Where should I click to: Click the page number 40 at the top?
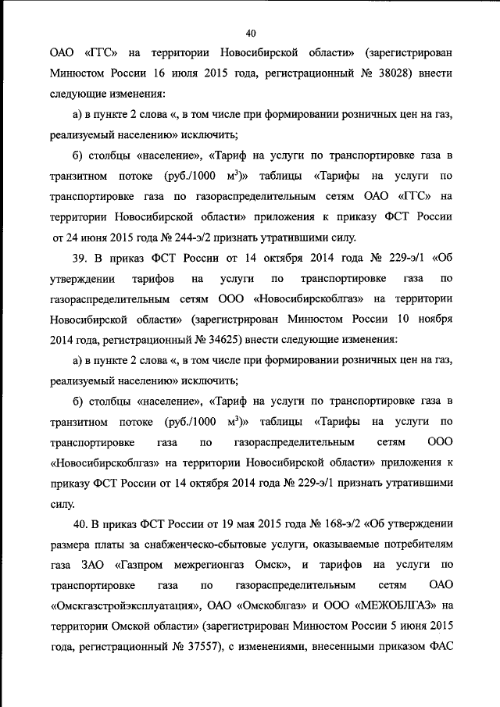(250, 33)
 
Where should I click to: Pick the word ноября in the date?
(430, 319)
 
